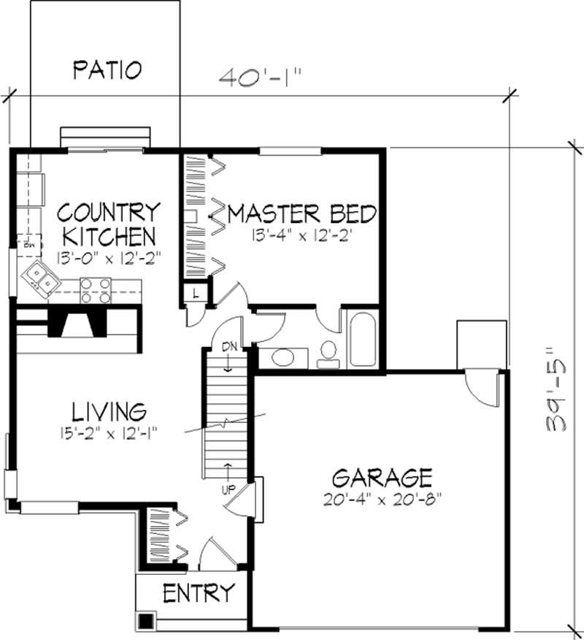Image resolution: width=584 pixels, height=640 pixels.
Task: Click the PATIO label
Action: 107,70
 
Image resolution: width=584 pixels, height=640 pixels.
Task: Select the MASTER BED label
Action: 302,214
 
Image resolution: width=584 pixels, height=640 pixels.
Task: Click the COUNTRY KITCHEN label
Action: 109,224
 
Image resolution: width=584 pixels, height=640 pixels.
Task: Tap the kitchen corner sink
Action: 39,278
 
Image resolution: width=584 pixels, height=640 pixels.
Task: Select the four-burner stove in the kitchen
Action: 96,290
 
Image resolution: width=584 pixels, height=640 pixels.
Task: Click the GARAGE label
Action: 382,479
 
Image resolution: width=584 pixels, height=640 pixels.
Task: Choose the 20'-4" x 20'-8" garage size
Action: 382,501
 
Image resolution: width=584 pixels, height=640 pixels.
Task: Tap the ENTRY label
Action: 199,592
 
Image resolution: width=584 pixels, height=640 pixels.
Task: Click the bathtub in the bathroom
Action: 362,340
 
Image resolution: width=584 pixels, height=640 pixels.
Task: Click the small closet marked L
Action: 196,293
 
